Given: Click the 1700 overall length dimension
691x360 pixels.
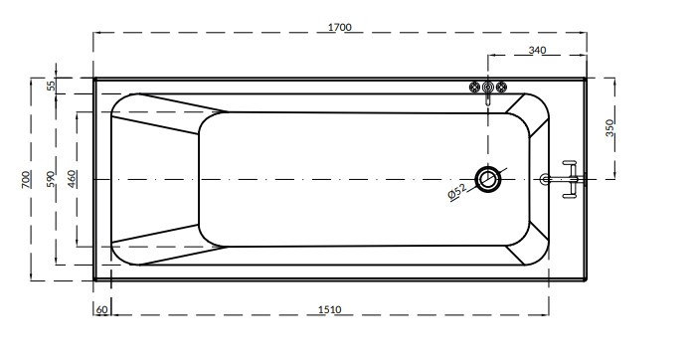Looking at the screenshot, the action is coord(340,27).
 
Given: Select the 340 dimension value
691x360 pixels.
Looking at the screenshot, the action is coord(537,51).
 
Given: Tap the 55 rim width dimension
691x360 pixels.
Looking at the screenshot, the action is coord(52,86).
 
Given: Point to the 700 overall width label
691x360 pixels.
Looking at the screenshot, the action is coord(27,179).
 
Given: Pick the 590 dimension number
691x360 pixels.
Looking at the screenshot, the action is coord(52,179).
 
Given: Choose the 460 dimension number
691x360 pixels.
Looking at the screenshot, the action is coord(73,179).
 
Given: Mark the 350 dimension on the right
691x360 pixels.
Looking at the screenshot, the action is coord(609,128).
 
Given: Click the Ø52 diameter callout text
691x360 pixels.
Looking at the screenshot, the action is coord(457,192).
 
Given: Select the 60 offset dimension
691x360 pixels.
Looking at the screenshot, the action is coord(101,309).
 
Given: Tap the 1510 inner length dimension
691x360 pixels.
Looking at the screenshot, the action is coord(330,309).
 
